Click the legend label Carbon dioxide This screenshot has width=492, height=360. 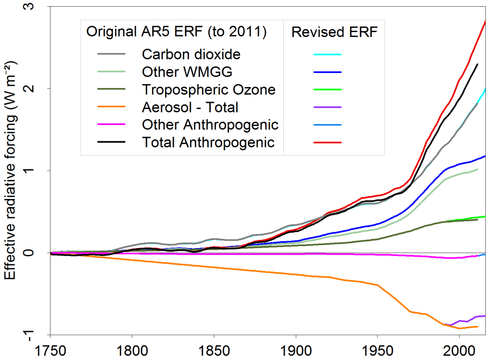[x=191, y=54]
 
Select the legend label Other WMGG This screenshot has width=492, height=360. [x=187, y=72]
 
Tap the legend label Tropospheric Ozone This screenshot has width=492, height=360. [x=209, y=89]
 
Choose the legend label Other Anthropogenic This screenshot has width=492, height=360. [x=210, y=125]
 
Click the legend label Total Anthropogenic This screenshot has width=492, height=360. [x=208, y=142]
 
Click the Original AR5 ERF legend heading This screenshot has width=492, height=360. [x=176, y=32]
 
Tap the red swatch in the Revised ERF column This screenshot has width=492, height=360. [x=328, y=143]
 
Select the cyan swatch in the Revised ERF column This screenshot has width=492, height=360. [x=328, y=54]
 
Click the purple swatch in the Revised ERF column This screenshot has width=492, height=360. [x=328, y=107]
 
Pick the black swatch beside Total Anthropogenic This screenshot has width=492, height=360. [x=111, y=143]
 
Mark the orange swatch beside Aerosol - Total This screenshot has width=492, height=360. [x=111, y=107]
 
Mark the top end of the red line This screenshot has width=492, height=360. [x=485, y=21]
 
